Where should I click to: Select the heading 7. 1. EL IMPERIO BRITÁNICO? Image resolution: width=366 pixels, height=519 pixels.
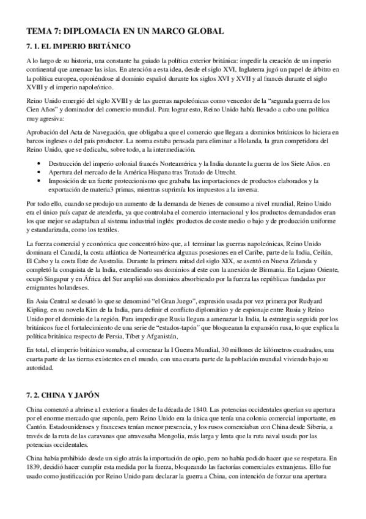point(79,47)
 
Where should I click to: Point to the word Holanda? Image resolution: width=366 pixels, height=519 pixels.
point(240,141)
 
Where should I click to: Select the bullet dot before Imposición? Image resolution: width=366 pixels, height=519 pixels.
point(40,181)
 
